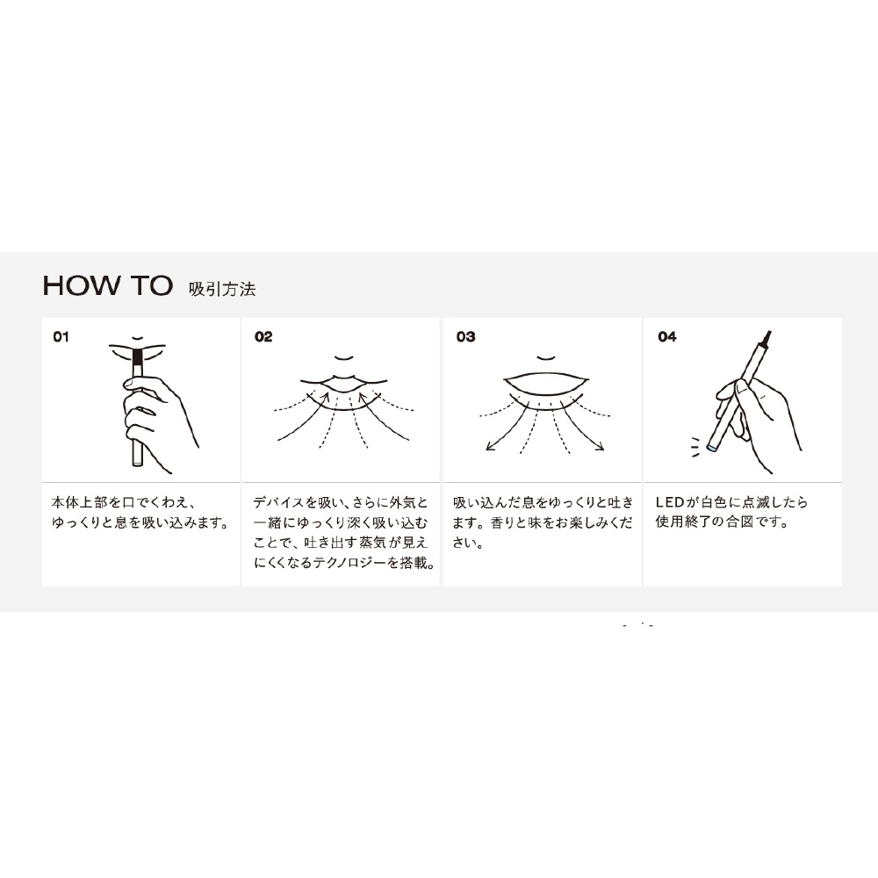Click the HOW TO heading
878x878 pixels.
[x=107, y=285]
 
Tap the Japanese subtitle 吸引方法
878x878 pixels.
[x=222, y=289]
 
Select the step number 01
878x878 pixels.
[x=61, y=336]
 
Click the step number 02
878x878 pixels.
[x=263, y=336]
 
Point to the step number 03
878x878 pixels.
[x=465, y=336]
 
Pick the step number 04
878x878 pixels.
[x=667, y=336]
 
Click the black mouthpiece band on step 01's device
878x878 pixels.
[x=138, y=355]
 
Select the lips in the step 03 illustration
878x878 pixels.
[x=546, y=384]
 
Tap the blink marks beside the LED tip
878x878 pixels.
[x=694, y=447]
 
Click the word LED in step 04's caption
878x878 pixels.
[x=670, y=502]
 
